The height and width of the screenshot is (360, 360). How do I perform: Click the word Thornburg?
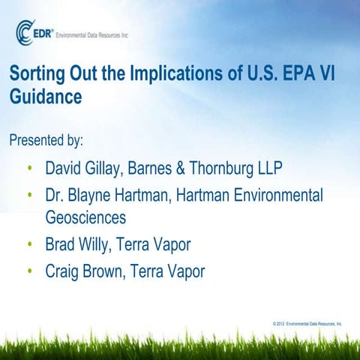click(x=230, y=166)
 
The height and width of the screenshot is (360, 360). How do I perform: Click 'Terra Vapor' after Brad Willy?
click(x=166, y=244)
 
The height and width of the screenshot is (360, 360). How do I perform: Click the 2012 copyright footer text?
click(x=307, y=323)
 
